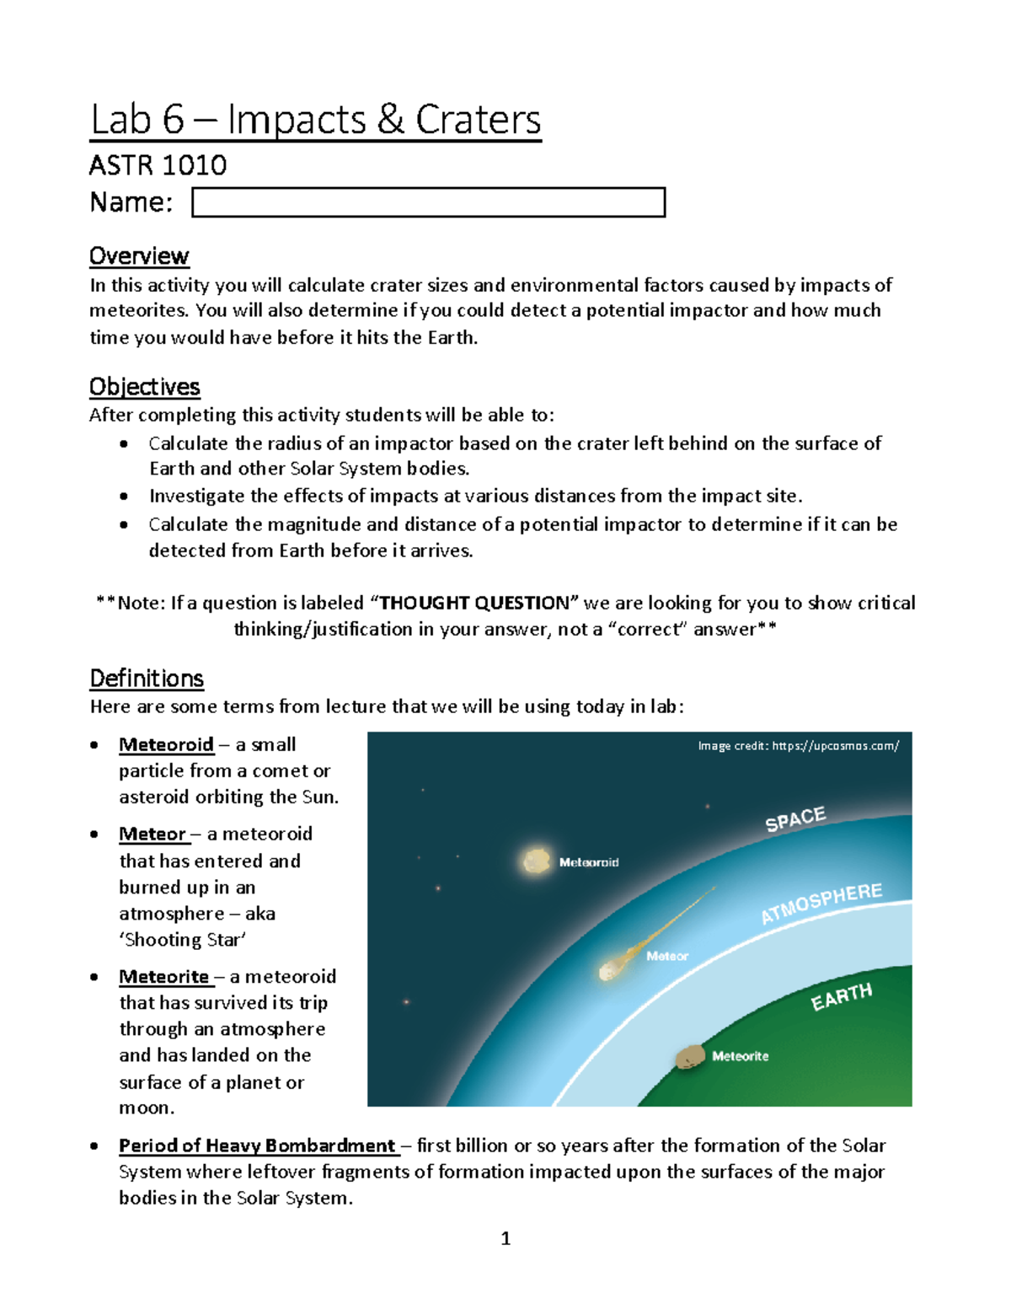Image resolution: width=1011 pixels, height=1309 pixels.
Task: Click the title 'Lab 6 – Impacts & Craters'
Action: pos(315,120)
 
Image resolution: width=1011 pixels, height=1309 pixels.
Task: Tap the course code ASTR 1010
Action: pos(158,165)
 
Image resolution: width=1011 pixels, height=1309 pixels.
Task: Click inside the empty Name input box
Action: pos(428,202)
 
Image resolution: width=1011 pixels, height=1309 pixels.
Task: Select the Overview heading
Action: pos(139,256)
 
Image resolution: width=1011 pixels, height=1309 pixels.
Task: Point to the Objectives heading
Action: pos(144,387)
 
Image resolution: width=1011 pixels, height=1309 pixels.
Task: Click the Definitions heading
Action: pos(147,679)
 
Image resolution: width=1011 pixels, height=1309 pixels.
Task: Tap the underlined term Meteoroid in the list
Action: pos(166,745)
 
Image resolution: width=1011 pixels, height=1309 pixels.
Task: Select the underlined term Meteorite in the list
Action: pos(163,977)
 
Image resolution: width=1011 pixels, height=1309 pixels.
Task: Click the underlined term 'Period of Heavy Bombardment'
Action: pos(257,1146)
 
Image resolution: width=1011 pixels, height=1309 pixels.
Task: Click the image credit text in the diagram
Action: pos(798,746)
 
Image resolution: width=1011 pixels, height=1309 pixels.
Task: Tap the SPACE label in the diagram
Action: pos(795,819)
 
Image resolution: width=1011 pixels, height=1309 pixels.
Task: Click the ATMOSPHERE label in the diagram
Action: pos(821,904)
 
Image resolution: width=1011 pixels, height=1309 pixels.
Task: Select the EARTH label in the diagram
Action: pos(841,997)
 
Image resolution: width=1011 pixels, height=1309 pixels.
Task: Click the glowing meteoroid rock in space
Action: pos(536,861)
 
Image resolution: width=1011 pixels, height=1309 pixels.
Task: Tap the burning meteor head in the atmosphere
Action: pos(609,970)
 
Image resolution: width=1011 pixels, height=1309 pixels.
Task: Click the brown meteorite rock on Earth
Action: pos(691,1057)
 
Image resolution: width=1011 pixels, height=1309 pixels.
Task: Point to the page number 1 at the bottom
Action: pos(505,1238)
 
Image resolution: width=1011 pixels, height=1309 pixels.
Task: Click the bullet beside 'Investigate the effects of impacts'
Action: pos(124,497)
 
